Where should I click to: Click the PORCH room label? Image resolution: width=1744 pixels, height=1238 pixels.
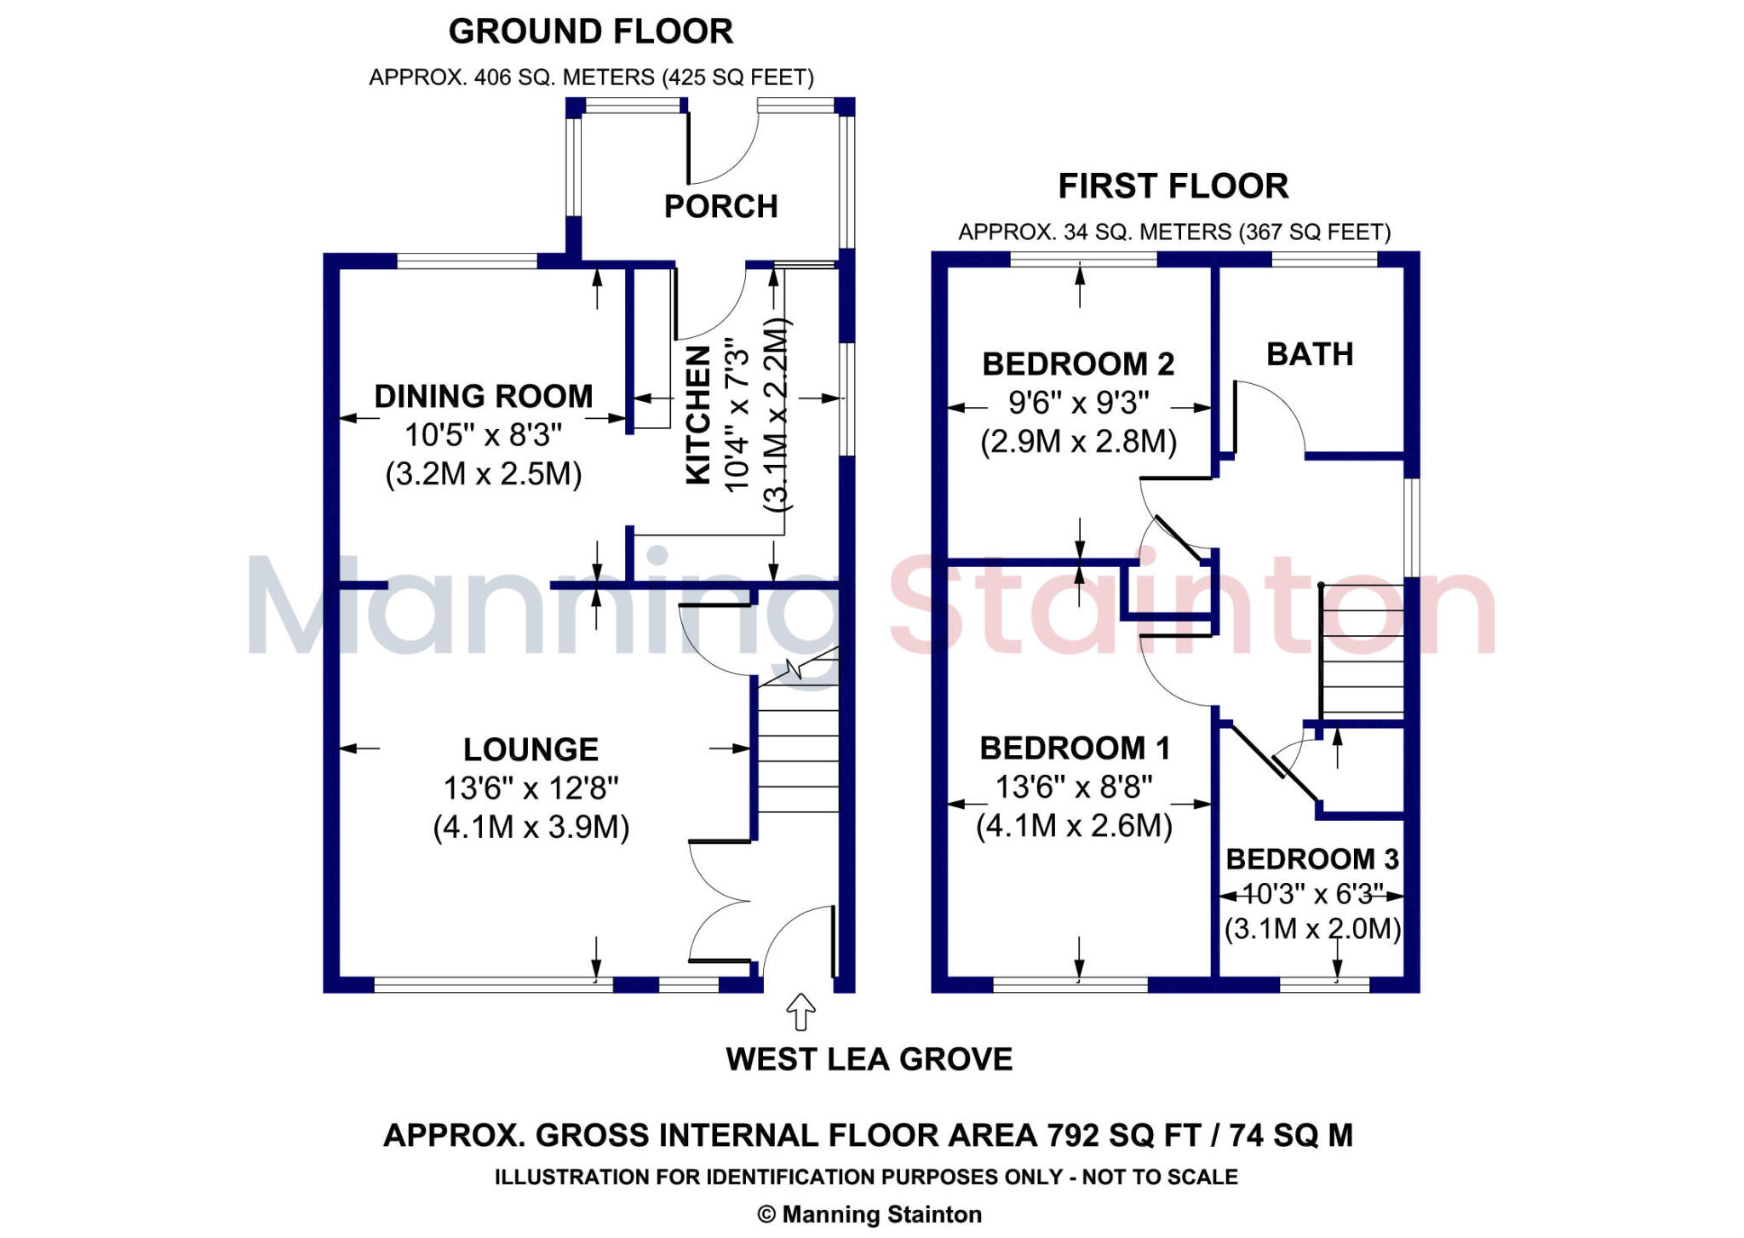[720, 207]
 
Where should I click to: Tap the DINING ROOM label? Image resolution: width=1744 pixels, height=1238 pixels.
[483, 397]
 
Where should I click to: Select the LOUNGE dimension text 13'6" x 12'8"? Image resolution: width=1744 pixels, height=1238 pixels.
[531, 788]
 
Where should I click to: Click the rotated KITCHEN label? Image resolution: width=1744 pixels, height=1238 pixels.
[698, 415]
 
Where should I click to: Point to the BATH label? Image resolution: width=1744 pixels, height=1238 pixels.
[1310, 354]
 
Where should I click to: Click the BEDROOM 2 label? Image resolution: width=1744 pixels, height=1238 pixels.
[1078, 364]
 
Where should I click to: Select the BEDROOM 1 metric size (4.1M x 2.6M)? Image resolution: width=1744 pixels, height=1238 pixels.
[1075, 826]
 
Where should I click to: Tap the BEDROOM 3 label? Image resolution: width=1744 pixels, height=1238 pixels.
[1312, 859]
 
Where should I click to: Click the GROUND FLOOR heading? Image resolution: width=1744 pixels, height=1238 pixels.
[590, 32]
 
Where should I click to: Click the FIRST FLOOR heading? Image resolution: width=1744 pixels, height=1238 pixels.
[1173, 186]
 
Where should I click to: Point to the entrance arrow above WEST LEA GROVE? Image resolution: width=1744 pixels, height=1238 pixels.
[800, 1012]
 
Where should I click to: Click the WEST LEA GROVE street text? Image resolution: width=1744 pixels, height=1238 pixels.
[869, 1059]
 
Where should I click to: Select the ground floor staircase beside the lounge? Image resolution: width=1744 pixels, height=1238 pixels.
[798, 749]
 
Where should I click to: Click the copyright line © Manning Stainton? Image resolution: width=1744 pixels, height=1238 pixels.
[869, 1214]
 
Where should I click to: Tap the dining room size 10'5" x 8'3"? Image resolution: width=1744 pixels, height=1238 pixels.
[483, 435]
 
